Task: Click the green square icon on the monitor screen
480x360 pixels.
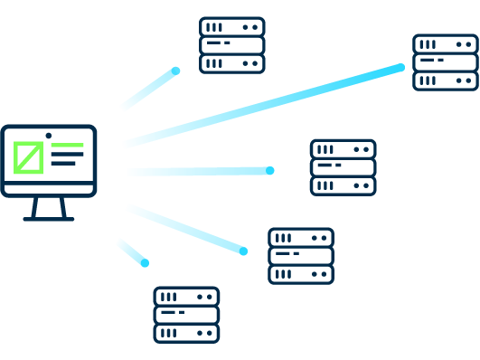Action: coord(28,157)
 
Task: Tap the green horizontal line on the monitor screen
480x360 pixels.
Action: coord(67,145)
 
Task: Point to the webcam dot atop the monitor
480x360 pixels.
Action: coord(49,135)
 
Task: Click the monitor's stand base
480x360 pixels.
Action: coord(49,218)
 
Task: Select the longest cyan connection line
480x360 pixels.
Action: coord(263,105)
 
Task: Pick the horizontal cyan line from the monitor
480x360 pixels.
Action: coord(199,171)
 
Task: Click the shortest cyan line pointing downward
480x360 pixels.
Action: coord(132,252)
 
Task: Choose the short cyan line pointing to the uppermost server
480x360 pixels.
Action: coord(150,89)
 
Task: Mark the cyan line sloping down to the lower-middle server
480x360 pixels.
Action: coord(185,229)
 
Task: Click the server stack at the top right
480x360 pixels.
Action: coord(445,62)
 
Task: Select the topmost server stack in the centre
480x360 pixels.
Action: coord(231,45)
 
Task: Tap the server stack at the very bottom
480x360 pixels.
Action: coord(186,315)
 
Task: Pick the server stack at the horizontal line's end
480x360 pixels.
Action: coord(343,167)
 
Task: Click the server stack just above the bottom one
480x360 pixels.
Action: coord(300,256)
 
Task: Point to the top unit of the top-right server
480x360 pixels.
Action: coord(445,43)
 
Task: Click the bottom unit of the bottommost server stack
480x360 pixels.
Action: coord(186,333)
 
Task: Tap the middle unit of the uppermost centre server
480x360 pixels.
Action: coord(231,45)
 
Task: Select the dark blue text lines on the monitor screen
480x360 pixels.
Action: coord(65,158)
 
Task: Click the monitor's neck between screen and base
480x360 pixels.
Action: coord(49,206)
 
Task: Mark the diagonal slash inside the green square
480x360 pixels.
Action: coord(28,157)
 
